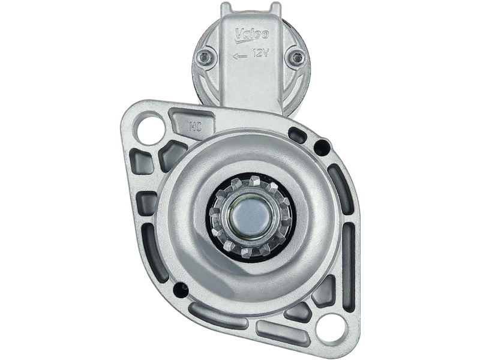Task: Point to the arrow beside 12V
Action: tap(240, 56)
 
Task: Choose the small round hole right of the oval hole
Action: tap(323, 144)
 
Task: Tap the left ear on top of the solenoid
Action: tap(224, 8)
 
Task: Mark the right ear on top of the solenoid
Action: tap(275, 8)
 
